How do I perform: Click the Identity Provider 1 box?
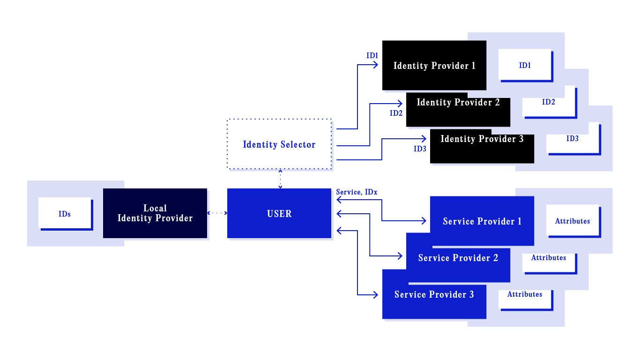tap(434, 66)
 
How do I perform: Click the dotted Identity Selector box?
tap(279, 144)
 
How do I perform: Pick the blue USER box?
tap(279, 214)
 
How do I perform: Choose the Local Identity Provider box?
tap(155, 213)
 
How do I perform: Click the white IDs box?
tap(65, 214)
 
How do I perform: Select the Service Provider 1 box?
tap(482, 221)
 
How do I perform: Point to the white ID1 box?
tap(525, 65)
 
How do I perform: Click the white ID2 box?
tap(549, 102)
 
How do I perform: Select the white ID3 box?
tap(573, 139)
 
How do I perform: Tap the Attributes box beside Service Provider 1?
tap(573, 221)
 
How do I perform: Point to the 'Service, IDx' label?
tap(357, 192)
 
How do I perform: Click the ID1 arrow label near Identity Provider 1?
tap(372, 56)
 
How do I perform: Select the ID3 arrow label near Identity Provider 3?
tap(419, 149)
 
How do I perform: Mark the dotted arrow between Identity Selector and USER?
tap(280, 179)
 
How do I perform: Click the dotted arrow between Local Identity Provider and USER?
tap(217, 213)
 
